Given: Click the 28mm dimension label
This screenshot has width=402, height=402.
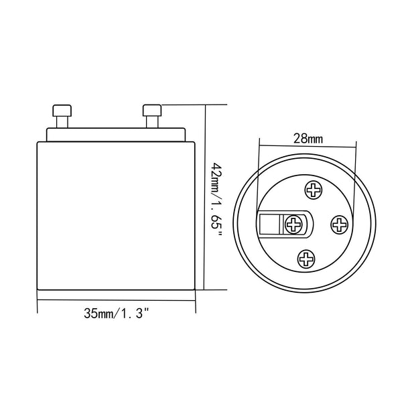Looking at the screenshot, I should pos(308,139).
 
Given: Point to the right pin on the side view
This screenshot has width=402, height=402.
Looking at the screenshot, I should pos(152,117).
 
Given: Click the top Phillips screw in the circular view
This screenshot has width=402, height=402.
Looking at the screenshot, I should pos(313,190).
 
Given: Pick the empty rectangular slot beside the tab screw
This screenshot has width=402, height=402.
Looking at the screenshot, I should pos(271,223).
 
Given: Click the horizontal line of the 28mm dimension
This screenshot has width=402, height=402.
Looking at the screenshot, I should pos(308,148).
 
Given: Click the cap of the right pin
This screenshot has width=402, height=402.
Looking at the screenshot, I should pos(152,109).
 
